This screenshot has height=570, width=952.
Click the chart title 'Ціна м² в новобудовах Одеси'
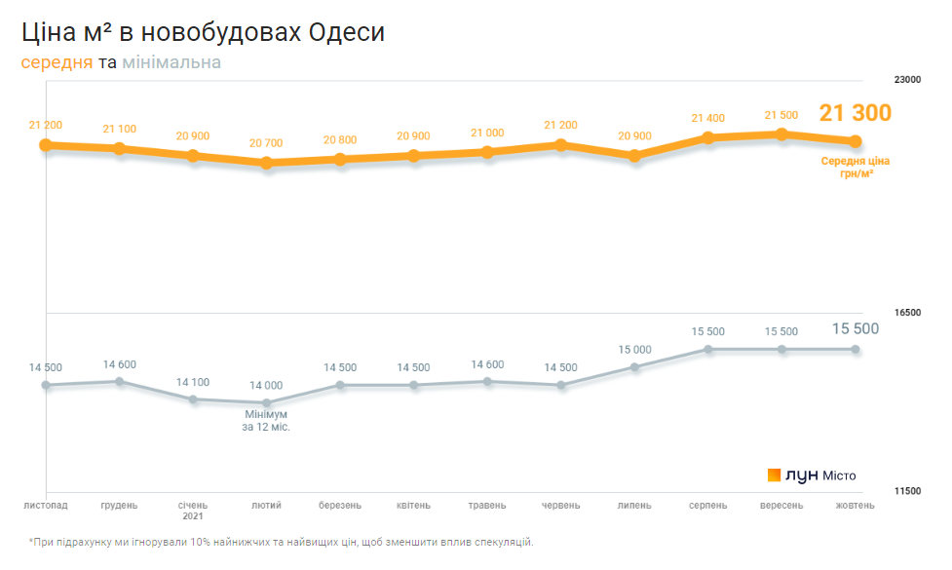coord(204,32)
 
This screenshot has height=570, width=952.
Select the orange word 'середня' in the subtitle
coord(57,63)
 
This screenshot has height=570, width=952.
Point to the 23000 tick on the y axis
coord(907,80)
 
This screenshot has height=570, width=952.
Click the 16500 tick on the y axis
coord(907,313)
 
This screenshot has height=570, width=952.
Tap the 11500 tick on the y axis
coord(907,491)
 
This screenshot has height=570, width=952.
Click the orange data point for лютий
coord(266,163)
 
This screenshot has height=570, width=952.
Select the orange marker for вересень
coord(781,134)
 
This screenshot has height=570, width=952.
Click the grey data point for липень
coord(635,367)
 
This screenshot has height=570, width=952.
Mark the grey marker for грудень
coord(120,381)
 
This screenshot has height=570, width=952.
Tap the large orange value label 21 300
coord(855,113)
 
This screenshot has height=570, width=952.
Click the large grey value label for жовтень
coord(855,329)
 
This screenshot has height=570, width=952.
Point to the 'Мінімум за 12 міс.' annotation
coord(266,420)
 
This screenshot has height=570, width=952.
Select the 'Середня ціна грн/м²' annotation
coord(855,167)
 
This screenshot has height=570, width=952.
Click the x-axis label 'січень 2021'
coord(193,511)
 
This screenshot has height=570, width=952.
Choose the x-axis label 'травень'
coord(487,506)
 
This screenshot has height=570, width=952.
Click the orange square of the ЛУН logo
coord(774,475)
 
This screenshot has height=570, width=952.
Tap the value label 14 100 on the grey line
coord(193,382)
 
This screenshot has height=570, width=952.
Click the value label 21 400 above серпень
coord(708,118)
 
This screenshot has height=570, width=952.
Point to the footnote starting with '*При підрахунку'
coord(283,542)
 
